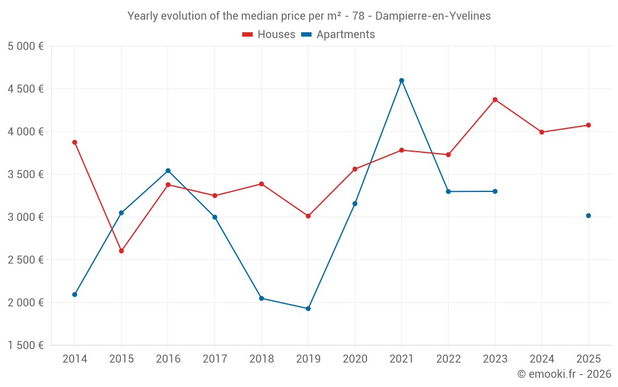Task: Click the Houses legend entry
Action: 269,35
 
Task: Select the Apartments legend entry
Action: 339,35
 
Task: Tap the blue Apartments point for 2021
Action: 402,80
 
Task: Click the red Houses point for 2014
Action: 75,142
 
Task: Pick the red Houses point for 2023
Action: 495,100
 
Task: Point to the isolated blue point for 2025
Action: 588,215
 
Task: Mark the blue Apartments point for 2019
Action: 308,308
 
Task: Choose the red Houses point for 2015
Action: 121,251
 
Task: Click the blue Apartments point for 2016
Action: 168,171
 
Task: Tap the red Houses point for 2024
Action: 542,132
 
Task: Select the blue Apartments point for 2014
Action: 75,294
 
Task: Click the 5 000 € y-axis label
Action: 26,46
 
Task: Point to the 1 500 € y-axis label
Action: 26,346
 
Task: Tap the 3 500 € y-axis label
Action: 26,175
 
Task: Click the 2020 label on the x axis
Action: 355,359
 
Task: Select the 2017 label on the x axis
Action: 214,359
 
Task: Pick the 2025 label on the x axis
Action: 588,359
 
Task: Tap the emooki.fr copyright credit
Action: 564,374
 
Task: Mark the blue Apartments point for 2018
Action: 261,298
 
